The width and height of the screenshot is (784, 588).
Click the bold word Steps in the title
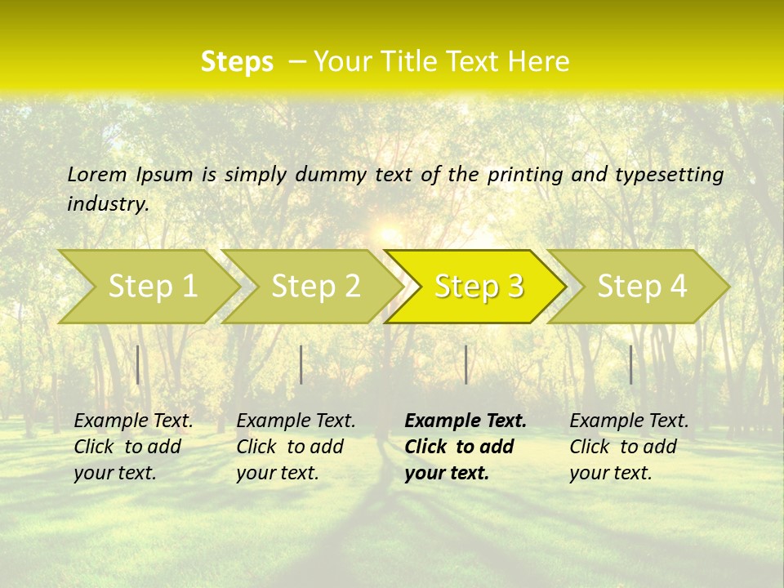[x=237, y=62]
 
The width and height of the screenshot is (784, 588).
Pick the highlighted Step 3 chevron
[x=479, y=287]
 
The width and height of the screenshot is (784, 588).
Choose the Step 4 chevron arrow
[x=642, y=287]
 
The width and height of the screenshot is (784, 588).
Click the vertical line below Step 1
[x=138, y=364]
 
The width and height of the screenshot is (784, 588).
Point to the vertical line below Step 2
[x=301, y=364]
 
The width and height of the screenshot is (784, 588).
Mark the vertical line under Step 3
[x=465, y=364]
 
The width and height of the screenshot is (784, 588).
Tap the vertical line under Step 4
[x=630, y=364]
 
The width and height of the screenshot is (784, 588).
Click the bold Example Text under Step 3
[x=465, y=421]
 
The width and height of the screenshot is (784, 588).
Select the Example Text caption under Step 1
[x=133, y=421]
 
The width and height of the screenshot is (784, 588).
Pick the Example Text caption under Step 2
[x=296, y=421]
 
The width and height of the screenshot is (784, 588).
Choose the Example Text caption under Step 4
[x=629, y=421]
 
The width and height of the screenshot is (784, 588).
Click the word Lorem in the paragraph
[x=97, y=174]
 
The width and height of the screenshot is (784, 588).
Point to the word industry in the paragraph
[x=108, y=203]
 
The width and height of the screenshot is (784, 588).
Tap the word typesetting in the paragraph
[x=669, y=174]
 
